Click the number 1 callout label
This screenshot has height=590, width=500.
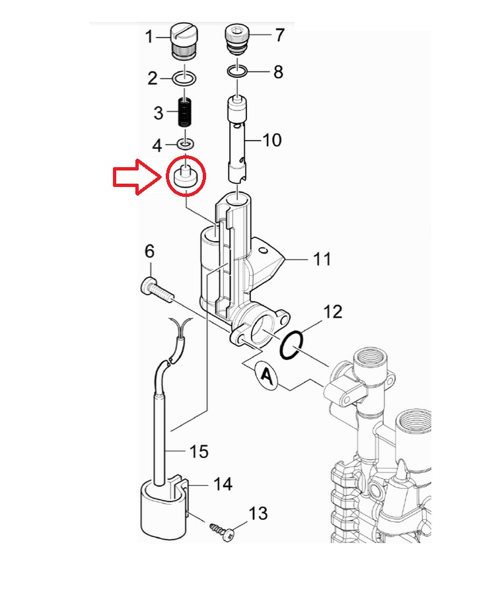click(149, 36)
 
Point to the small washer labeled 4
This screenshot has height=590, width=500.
click(186, 143)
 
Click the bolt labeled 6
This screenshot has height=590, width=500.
click(155, 289)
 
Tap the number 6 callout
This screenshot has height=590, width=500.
click(149, 251)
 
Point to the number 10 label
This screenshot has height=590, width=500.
click(271, 140)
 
